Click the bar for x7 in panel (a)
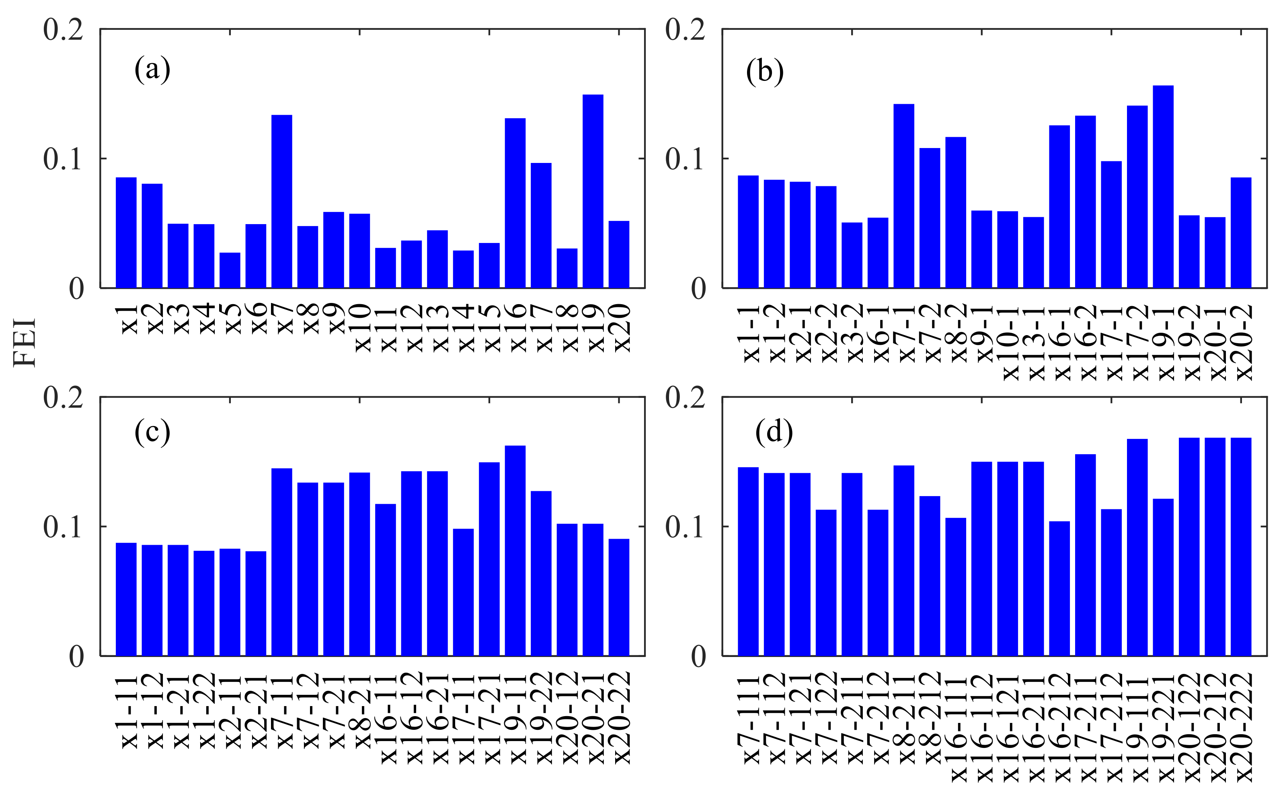pos(281,201)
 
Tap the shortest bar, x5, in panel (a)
pos(230,270)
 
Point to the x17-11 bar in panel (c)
pos(463,592)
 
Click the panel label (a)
pos(152,69)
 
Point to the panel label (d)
pos(774,432)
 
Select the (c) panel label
pos(152,432)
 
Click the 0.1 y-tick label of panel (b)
pos(684,159)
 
